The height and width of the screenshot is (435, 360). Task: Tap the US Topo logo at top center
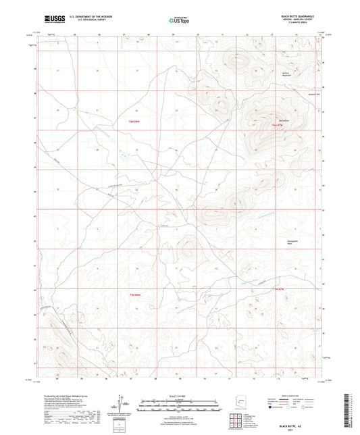pyautogui.click(x=180, y=21)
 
